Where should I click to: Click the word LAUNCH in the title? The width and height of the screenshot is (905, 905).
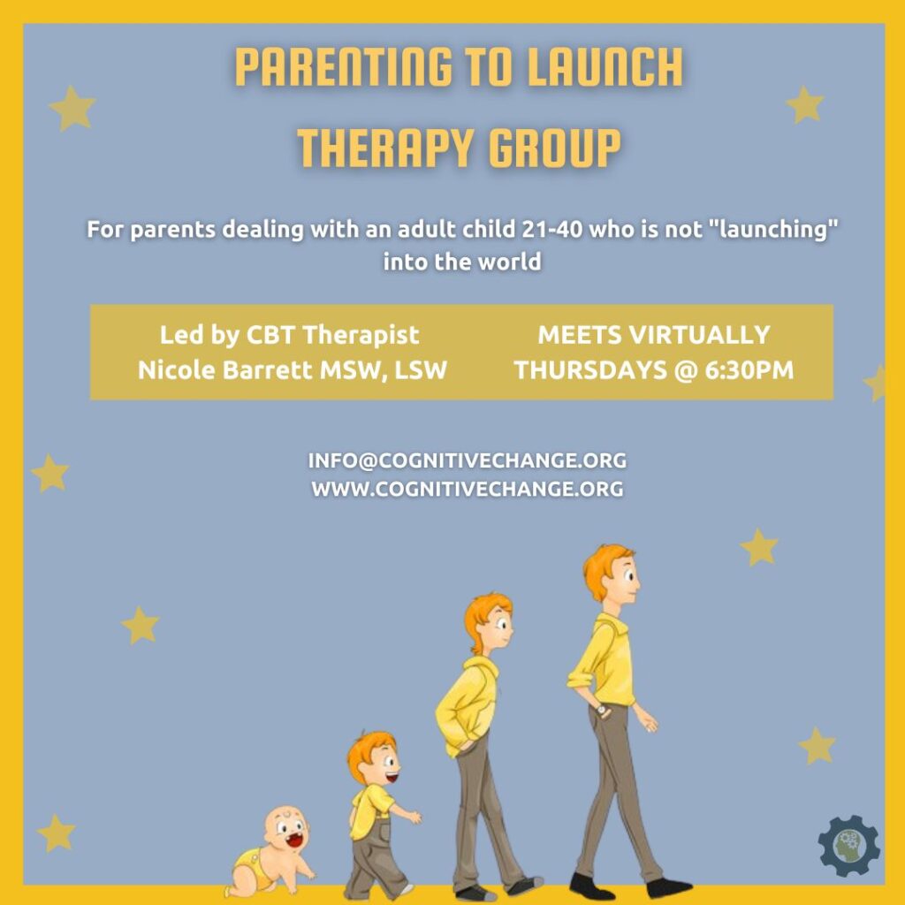tap(605, 67)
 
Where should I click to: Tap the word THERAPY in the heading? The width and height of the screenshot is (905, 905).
tap(385, 148)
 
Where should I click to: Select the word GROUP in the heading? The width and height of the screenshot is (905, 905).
tap(555, 148)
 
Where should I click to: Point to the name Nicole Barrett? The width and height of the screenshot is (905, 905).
tap(225, 370)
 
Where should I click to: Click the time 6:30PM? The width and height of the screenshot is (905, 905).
tap(749, 370)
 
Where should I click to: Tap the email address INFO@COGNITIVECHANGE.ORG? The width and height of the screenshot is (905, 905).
tap(467, 460)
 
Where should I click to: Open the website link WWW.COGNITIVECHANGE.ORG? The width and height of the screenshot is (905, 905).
tap(467, 489)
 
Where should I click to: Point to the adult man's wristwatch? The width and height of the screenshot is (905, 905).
tap(601, 710)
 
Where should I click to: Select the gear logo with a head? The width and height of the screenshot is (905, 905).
tap(849, 846)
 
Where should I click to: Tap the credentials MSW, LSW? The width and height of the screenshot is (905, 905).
tap(384, 370)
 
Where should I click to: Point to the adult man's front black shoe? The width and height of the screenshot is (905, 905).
tap(669, 887)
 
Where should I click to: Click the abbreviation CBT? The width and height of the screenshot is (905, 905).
tap(270, 335)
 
